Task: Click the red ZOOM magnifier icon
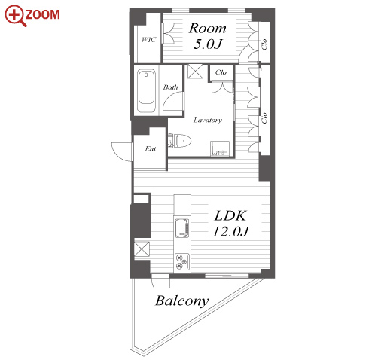(16, 16)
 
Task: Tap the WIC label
(148, 39)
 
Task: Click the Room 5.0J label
(208, 36)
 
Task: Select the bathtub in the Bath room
(146, 90)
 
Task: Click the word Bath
(170, 87)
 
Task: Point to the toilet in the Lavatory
(180, 141)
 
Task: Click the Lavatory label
(208, 121)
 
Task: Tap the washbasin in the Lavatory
(220, 148)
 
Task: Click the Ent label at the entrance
(151, 148)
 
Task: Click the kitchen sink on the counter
(182, 228)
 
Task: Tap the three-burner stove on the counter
(182, 262)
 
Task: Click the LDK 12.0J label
(230, 224)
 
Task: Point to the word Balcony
(182, 301)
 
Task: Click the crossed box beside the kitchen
(142, 249)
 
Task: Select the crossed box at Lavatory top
(195, 72)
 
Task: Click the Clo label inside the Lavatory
(221, 72)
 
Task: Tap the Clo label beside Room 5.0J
(264, 44)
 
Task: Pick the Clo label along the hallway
(264, 117)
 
